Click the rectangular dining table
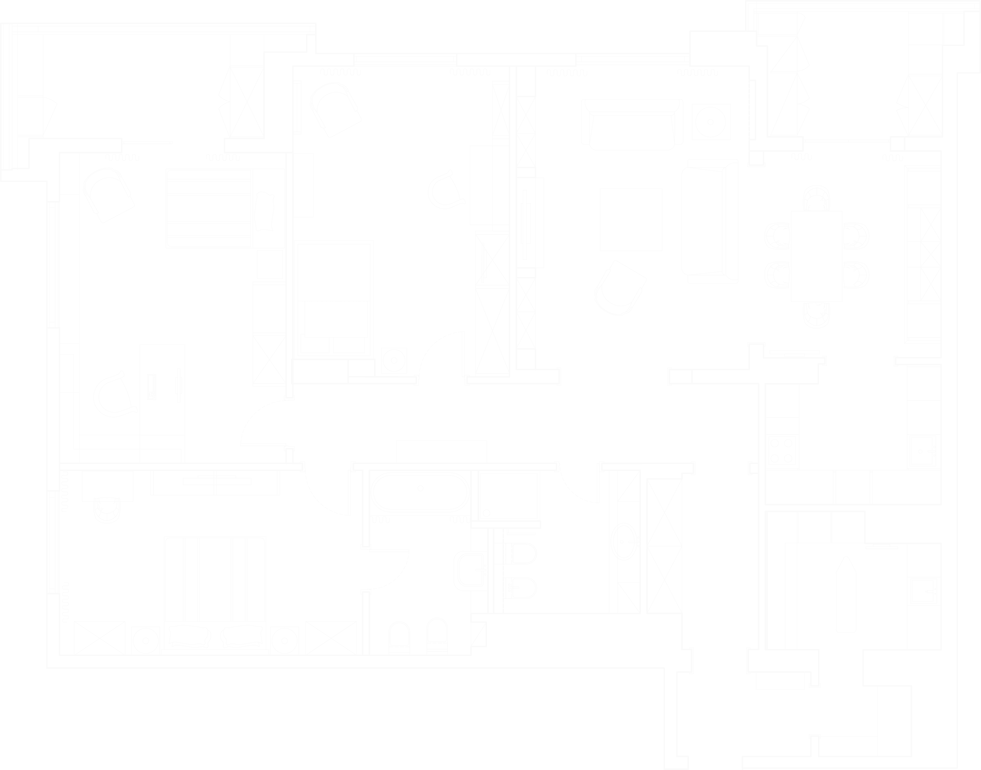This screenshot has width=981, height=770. point(816,256)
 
